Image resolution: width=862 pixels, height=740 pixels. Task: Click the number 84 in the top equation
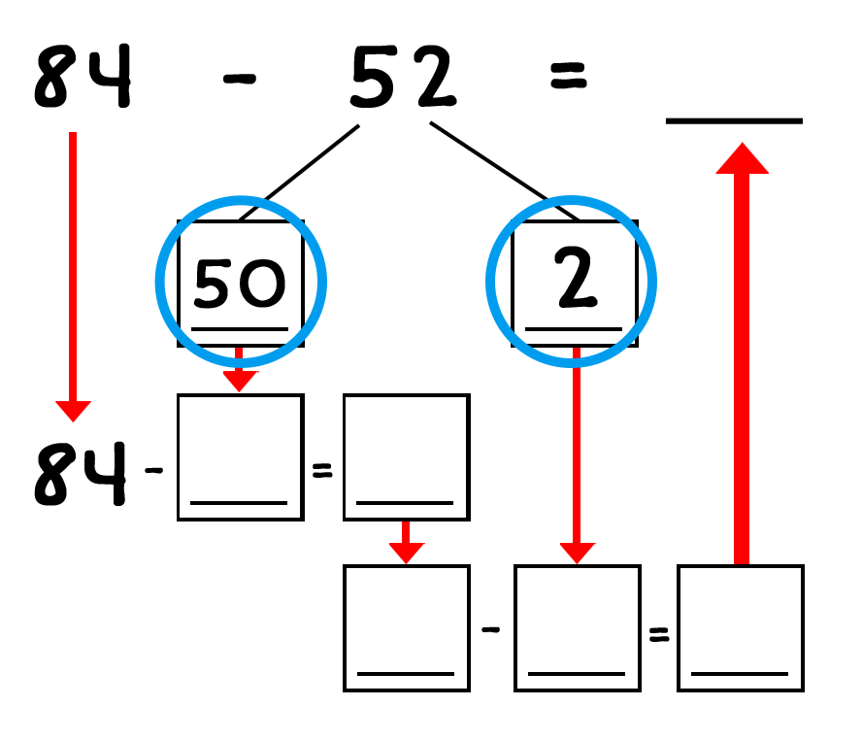coord(83,76)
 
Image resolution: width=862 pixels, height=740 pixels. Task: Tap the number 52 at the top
coord(404,76)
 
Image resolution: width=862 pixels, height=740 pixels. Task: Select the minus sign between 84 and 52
coord(240,79)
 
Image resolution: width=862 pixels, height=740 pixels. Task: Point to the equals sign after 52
coord(569,76)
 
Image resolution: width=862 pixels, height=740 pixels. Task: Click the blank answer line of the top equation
coord(734,121)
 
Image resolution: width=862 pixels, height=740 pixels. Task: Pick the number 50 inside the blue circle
coord(240,283)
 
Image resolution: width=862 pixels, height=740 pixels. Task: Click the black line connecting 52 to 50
coord(299,173)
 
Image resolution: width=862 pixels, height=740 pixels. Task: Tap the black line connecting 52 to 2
coord(505,171)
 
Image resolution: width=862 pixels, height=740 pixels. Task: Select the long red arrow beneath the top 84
coord(73,277)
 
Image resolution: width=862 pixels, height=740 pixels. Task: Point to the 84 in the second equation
coord(81,473)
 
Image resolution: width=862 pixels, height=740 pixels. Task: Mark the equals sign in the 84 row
coord(322,470)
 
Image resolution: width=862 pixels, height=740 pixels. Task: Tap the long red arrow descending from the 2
coord(577,455)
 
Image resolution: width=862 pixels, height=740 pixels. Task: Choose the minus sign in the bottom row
coord(490,629)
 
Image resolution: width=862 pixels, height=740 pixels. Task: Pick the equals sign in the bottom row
coord(659,634)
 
